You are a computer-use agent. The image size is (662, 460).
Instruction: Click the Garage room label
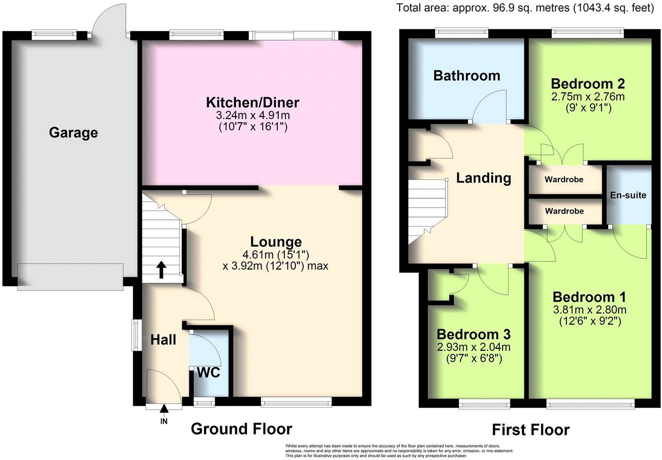coord(73,133)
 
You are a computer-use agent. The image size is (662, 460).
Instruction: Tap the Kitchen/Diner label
coord(253,103)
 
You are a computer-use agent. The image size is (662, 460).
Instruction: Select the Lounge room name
coord(276,242)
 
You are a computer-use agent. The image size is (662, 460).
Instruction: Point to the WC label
coord(208,372)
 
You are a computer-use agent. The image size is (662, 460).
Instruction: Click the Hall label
coord(163,340)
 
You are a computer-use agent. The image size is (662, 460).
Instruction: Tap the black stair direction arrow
coord(161,270)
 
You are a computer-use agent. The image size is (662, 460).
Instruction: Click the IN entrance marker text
coord(164,421)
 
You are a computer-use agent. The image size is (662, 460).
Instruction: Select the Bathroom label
coord(466,76)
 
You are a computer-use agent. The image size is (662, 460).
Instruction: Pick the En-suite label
coord(628,195)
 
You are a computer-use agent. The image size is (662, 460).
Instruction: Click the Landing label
coord(483,178)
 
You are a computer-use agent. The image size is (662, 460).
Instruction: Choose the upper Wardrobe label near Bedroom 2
coord(564,179)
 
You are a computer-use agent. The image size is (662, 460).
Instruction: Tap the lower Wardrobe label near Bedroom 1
coord(564,211)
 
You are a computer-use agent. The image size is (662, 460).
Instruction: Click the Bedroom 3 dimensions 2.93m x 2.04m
coord(474,347)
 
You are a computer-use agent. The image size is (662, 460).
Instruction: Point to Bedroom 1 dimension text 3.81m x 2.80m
coord(590,309)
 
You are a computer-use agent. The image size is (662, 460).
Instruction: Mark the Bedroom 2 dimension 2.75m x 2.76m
coord(588,97)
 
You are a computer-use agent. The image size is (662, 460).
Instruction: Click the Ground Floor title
coord(241,429)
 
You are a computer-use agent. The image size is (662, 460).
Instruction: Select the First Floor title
coord(531,430)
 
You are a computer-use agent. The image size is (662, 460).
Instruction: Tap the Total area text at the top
coord(525,7)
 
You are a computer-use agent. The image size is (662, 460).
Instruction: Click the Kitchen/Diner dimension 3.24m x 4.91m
coord(253,115)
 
